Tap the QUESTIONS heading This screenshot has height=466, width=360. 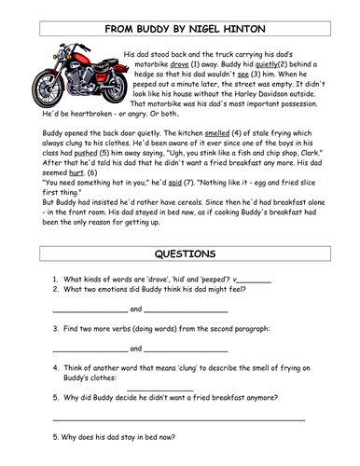click(x=185, y=254)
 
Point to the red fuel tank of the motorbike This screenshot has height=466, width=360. click(x=81, y=59)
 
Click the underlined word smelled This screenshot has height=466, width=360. click(x=217, y=133)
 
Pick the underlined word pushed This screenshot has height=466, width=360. click(x=86, y=153)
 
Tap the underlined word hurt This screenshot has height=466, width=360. click(x=76, y=172)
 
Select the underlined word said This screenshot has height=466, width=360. click(x=174, y=183)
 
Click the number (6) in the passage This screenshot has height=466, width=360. click(x=92, y=172)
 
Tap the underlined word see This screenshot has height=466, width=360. click(x=242, y=75)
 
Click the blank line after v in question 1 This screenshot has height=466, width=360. click(x=254, y=282)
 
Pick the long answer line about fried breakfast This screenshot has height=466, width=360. click(x=179, y=420)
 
